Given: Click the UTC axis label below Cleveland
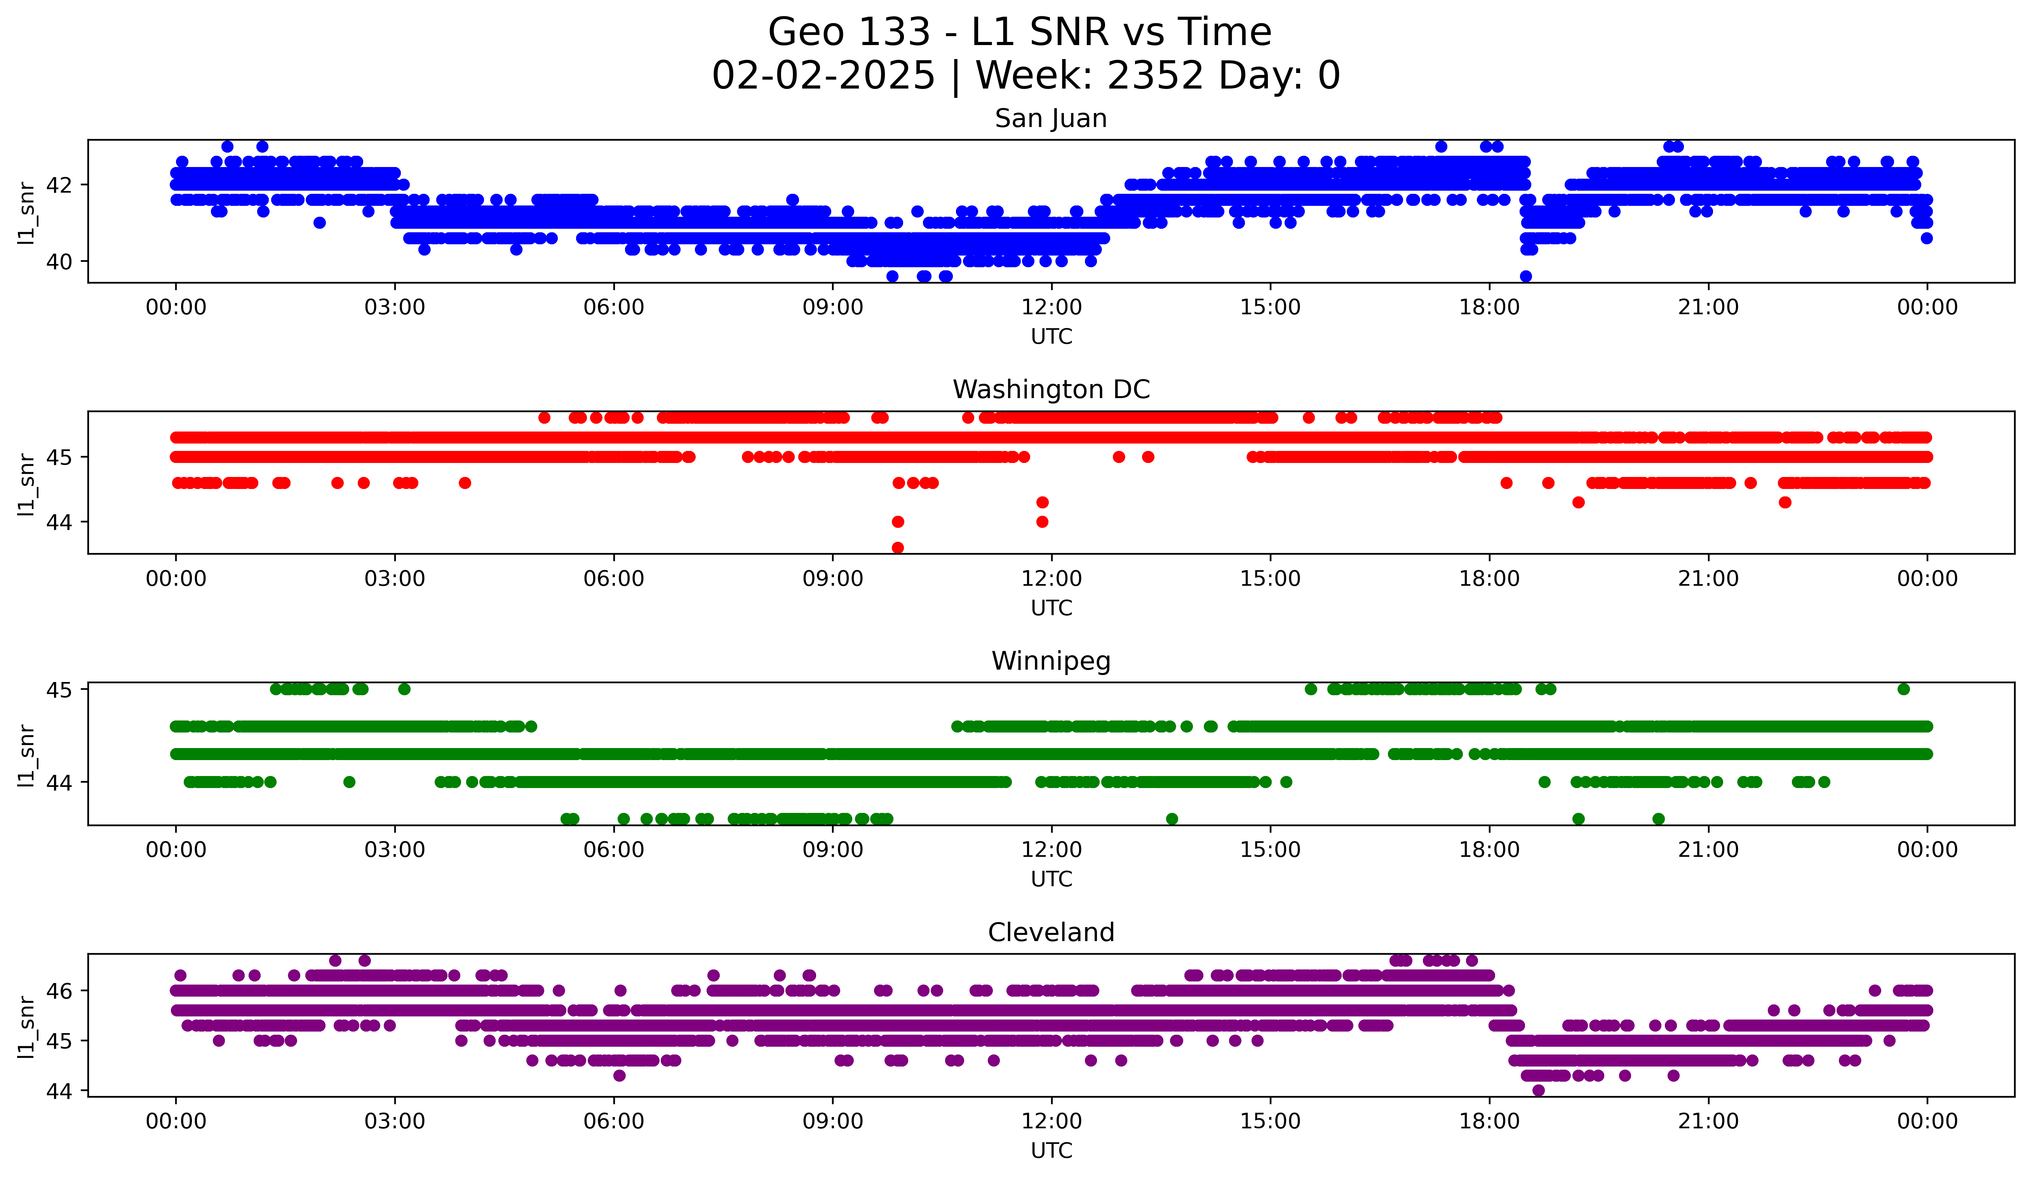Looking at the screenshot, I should [1051, 1151].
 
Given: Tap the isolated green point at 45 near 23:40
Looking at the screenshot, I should [1903, 689].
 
